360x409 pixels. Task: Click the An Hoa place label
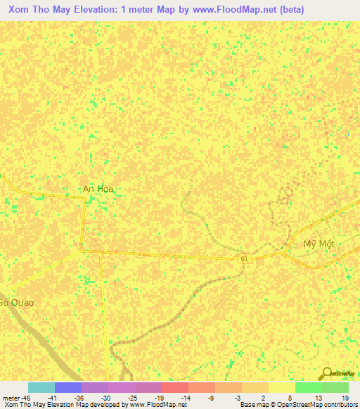[98, 189]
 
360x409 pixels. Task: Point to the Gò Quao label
[15, 302]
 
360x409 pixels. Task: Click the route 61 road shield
[244, 259]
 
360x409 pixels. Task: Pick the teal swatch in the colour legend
[41, 387]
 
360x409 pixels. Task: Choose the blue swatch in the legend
[67, 387]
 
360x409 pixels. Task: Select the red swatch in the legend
[174, 387]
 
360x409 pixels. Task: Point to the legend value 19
[345, 398]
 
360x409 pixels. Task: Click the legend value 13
[318, 398]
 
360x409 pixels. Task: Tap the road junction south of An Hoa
[82, 249]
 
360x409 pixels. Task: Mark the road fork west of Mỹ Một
[289, 252]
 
